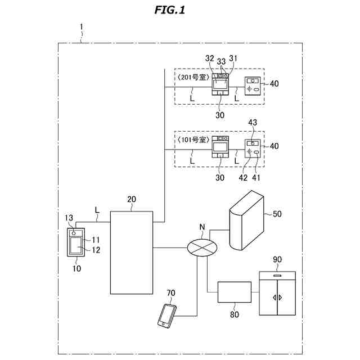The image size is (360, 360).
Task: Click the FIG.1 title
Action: coord(170,10)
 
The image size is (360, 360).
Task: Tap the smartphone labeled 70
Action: coord(167,315)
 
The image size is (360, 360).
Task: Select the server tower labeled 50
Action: coord(246,220)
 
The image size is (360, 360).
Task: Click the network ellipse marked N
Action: coord(202,247)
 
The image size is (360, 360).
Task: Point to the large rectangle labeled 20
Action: coord(132,253)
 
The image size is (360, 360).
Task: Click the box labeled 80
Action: coord(235,292)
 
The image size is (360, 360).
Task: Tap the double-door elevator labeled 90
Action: coord(277,293)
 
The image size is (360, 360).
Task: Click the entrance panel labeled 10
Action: coord(76,242)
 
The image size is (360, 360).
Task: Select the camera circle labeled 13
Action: coord(74,233)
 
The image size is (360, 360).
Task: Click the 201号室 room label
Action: coord(193,77)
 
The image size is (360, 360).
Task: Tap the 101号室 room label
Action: coord(193,139)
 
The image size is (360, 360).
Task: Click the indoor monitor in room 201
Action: coord(220,84)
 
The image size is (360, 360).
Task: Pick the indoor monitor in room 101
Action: coord(220,147)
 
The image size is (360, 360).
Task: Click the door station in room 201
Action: coord(253,86)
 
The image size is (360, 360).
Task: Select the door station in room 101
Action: coord(253,148)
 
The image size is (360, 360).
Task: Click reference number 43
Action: coord(253,123)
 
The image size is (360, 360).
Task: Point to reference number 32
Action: coord(209,58)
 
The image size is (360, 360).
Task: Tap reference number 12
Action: coord(96,250)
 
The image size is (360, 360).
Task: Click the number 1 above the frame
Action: coord(81,27)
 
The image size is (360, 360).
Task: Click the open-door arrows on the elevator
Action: coord(277,298)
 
